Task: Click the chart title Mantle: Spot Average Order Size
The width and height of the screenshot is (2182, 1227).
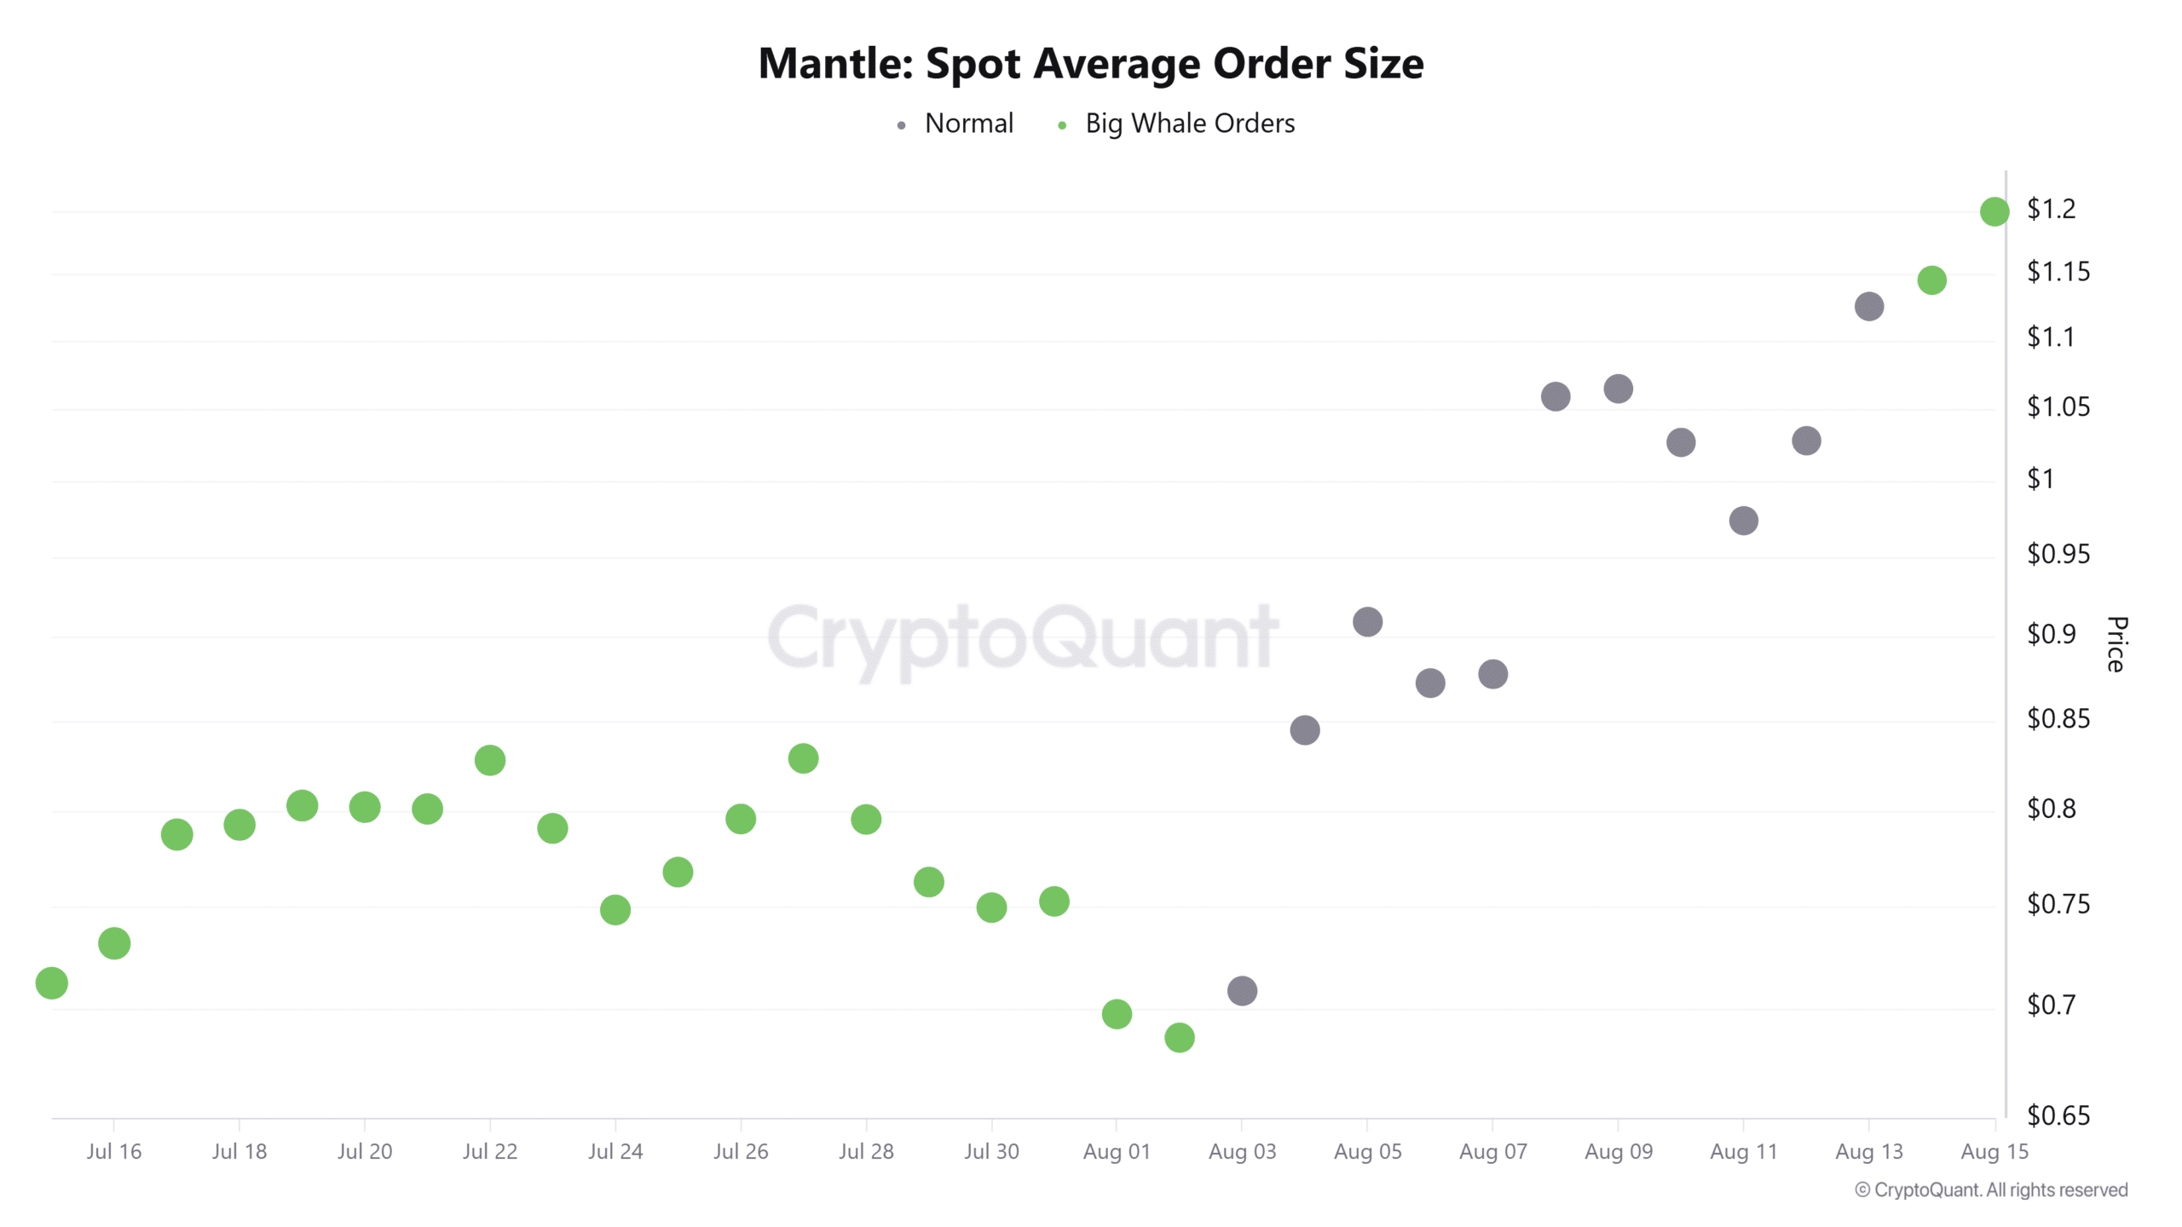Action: pos(1090,64)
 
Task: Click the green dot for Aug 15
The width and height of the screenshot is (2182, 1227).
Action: pos(1994,211)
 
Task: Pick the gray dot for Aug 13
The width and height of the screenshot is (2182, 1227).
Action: pos(1868,307)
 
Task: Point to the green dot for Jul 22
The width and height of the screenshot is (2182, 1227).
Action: pos(490,760)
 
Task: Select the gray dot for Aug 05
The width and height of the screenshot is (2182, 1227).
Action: pos(1367,622)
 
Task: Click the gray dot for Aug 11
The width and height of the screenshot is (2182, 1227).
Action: pos(1743,521)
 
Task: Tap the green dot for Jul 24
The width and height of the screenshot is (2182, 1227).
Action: pos(615,910)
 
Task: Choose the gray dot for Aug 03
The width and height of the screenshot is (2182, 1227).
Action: pos(1242,991)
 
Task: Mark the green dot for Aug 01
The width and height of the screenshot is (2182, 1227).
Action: pos(1117,1014)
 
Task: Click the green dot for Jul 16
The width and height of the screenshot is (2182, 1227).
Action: pos(114,943)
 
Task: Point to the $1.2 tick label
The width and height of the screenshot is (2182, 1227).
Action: pos(2051,209)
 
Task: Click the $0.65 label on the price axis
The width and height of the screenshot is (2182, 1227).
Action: pos(2058,1115)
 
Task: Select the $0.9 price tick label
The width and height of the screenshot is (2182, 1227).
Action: pos(2051,634)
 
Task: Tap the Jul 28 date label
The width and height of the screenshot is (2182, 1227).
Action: pos(866,1152)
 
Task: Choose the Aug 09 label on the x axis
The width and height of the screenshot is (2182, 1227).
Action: pos(1618,1152)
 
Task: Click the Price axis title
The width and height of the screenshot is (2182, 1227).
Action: pos(2116,644)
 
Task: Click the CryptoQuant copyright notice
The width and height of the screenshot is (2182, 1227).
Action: pos(1991,1190)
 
